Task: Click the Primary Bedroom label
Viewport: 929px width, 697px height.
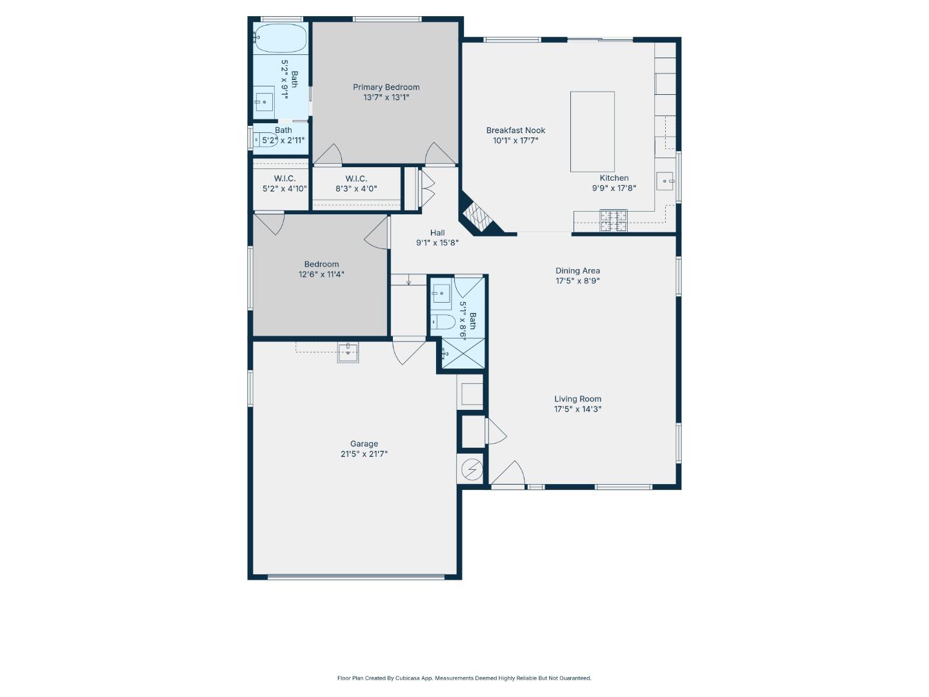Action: tap(386, 87)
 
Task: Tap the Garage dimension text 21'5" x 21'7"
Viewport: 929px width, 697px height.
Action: tap(364, 454)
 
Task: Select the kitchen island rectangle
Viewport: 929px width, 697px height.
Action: tap(592, 132)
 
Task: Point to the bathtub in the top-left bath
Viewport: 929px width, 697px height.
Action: tap(280, 39)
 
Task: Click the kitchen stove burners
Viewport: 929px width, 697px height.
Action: tap(614, 221)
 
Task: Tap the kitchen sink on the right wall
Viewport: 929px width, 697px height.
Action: tap(665, 181)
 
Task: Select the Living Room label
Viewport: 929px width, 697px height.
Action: tap(577, 399)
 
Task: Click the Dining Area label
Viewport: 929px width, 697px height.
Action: tap(577, 271)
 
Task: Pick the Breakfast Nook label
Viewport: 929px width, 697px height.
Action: tap(515, 130)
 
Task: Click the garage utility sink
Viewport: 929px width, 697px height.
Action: tap(348, 352)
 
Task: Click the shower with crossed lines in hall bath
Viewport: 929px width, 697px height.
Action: tap(463, 353)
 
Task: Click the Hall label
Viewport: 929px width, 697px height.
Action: tap(437, 233)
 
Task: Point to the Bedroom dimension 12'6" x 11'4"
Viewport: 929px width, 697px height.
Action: tap(321, 274)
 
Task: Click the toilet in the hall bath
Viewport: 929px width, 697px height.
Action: tap(443, 322)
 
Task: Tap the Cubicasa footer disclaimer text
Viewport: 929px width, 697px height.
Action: tap(464, 678)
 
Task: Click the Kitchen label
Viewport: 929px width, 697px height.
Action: tap(614, 178)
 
